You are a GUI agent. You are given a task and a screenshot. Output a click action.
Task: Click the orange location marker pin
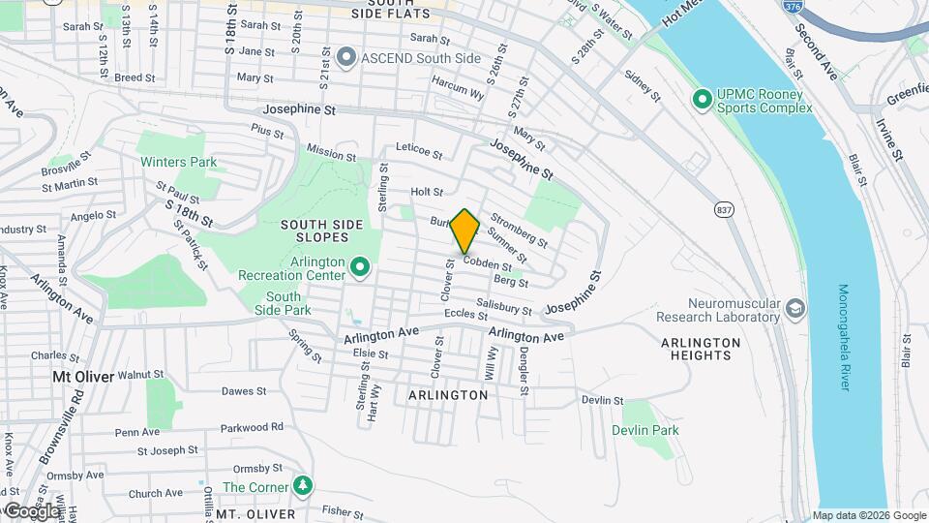[x=465, y=231]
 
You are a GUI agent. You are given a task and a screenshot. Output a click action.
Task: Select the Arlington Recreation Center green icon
[x=360, y=265]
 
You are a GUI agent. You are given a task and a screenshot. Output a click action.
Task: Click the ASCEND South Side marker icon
[x=347, y=58]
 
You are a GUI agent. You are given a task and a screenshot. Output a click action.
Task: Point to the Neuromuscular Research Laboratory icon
[x=795, y=309]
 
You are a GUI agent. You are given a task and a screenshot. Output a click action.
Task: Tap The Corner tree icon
[x=304, y=485]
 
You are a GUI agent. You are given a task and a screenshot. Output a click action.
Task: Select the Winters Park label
[x=178, y=162]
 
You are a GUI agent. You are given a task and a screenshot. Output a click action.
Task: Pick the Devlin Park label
[x=644, y=430]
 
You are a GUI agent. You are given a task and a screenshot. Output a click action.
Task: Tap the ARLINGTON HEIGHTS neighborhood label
[x=701, y=349]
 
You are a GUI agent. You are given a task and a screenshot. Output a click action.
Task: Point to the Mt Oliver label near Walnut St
[x=83, y=376]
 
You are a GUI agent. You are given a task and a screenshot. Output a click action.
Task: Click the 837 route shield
[x=724, y=209]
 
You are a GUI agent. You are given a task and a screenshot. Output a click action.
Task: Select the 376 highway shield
[x=793, y=7]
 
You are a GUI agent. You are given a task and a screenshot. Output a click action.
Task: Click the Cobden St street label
[x=487, y=263]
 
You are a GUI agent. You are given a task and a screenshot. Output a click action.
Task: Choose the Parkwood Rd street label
[x=252, y=426]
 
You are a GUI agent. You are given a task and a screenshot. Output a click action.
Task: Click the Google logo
[x=31, y=510]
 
